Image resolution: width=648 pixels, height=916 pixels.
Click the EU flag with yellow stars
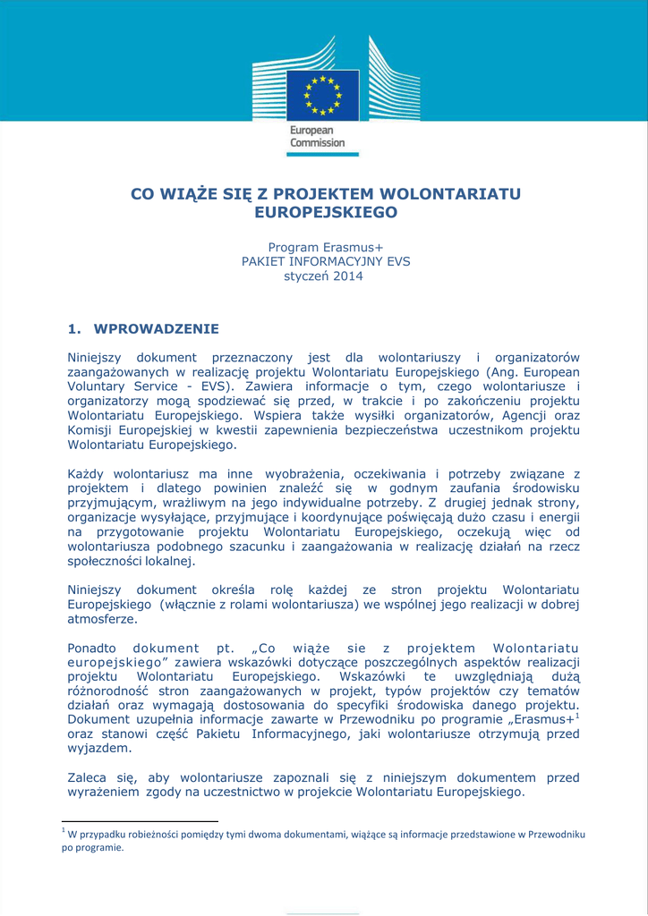click(x=322, y=96)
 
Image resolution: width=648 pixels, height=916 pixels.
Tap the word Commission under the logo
click(x=317, y=143)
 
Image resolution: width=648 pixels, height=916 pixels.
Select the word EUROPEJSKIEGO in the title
click(x=326, y=213)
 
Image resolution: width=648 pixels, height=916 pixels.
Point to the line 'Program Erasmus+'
click(x=326, y=247)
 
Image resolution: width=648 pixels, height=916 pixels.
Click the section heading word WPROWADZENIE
click(x=156, y=329)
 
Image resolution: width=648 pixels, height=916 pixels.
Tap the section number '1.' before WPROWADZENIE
click(x=75, y=329)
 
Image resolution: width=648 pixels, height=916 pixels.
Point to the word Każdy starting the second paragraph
click(x=87, y=473)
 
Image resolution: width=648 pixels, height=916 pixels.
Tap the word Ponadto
click(x=93, y=649)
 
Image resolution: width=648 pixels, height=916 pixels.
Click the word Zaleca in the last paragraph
click(x=88, y=778)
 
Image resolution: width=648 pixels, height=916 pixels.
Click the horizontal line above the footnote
click(x=140, y=820)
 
